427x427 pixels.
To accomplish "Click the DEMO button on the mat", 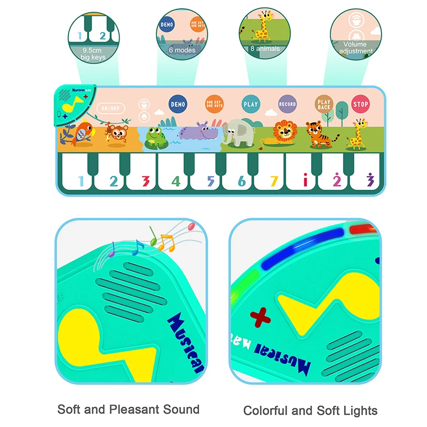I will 178,104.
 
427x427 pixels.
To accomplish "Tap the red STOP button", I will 360,104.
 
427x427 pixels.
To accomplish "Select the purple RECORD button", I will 287,104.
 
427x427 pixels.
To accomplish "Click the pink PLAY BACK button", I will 324,104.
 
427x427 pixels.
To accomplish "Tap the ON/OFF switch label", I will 111,108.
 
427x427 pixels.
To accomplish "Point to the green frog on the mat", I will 155,137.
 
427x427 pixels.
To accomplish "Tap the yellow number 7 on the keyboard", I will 274,181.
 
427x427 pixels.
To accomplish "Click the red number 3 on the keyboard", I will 145,181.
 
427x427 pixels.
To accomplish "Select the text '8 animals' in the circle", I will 265,49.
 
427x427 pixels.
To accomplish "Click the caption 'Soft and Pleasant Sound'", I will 128,409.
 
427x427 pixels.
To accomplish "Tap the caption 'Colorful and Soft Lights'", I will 310,410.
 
